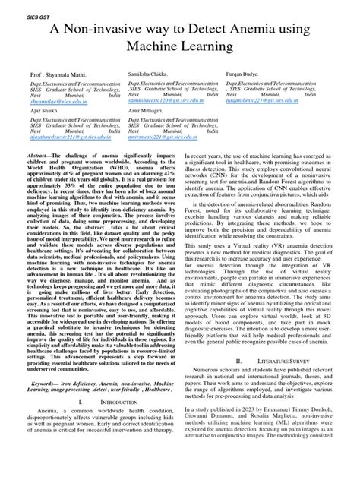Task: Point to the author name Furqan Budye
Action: tap(248, 68)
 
